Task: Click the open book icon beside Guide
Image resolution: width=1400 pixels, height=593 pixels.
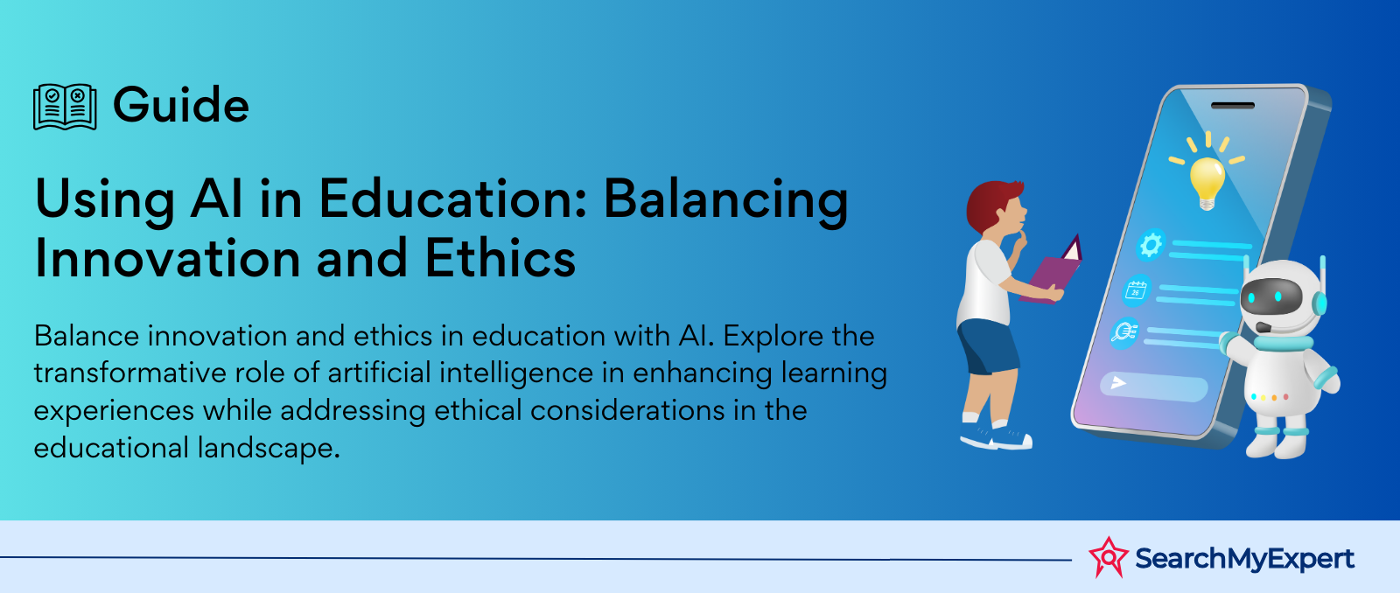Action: tap(65, 107)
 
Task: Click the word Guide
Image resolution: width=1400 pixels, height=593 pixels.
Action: tap(180, 104)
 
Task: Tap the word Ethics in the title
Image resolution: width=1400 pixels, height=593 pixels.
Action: tap(500, 257)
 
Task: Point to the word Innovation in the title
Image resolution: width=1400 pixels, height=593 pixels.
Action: tap(168, 257)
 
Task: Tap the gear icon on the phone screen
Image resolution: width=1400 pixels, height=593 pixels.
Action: tap(1151, 244)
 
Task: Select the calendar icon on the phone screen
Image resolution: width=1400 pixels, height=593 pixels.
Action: tap(1137, 290)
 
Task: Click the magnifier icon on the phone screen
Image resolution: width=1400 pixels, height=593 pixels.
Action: tap(1123, 331)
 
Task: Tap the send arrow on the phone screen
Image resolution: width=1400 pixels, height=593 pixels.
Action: tap(1118, 382)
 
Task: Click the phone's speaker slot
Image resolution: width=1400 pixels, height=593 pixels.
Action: tap(1233, 105)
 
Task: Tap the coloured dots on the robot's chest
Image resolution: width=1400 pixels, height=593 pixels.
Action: tap(1270, 397)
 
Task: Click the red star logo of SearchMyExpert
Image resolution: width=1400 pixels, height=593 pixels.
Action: tap(1109, 557)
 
